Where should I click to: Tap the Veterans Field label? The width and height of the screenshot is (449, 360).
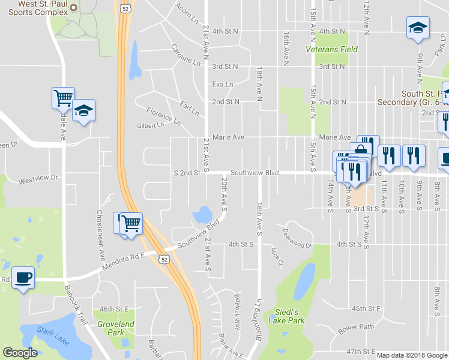(x=332, y=50)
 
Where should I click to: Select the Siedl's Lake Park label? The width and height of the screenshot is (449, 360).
(x=290, y=316)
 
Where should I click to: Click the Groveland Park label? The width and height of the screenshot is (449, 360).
(x=116, y=328)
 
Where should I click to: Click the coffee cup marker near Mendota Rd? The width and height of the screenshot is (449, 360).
(x=23, y=278)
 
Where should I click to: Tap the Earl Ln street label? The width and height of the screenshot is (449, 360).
(x=189, y=109)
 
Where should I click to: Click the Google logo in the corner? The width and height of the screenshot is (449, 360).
(x=20, y=352)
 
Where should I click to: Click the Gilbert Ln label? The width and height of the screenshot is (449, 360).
(x=150, y=125)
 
